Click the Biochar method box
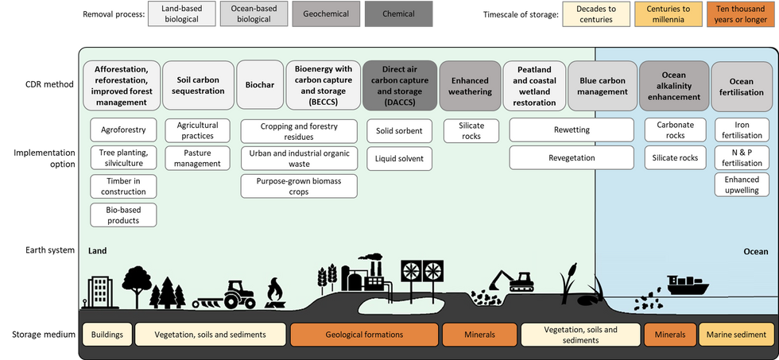(x=259, y=85)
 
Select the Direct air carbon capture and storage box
(x=400, y=85)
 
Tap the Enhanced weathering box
(x=470, y=85)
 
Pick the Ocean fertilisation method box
(x=742, y=87)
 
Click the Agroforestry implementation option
(x=123, y=130)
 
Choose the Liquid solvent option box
(x=399, y=158)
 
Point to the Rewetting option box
(x=572, y=130)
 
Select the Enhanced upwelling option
(x=741, y=184)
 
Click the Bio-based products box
(x=123, y=215)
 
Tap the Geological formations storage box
(x=364, y=335)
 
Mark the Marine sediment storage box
(x=736, y=335)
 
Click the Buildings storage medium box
(x=107, y=335)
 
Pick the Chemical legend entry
(x=398, y=14)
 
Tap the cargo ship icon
(x=688, y=285)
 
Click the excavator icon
(x=511, y=281)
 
